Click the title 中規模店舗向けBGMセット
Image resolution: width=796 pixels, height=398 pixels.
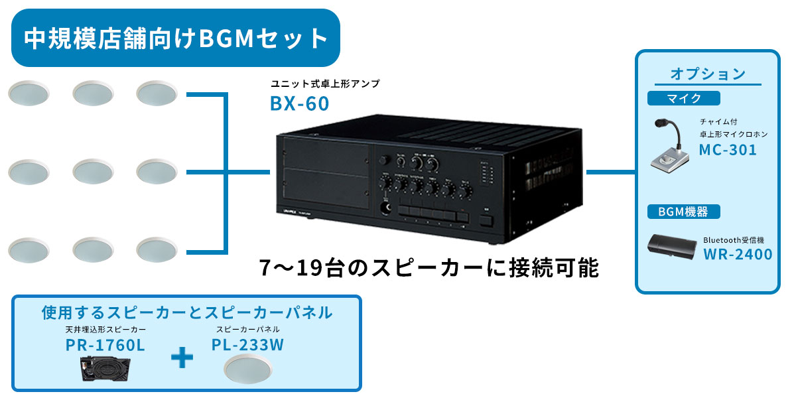[x=176, y=38]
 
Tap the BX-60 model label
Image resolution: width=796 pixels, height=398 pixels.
[x=299, y=104]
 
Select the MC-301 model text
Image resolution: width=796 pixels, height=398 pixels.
[x=728, y=150]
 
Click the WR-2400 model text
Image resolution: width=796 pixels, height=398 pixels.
[x=738, y=254]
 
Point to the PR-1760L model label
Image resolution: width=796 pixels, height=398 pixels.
[x=105, y=346]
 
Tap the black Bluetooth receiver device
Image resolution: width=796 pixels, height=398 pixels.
[x=672, y=247]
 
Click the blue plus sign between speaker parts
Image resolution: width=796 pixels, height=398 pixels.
[x=182, y=359]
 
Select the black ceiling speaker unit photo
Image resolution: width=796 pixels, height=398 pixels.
[x=106, y=369]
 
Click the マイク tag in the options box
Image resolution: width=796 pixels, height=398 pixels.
[x=683, y=98]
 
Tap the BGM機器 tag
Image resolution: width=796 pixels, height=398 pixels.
[x=683, y=212]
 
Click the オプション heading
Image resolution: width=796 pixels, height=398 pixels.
[x=708, y=73]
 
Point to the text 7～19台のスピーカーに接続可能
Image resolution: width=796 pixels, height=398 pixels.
[x=429, y=268]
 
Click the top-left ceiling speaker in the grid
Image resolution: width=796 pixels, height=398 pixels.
[x=29, y=94]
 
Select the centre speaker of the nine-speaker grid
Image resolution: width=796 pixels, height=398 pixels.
[x=93, y=172]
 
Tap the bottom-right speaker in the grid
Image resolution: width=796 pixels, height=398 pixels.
[x=157, y=250]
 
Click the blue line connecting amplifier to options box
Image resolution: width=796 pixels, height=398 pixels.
[x=610, y=172]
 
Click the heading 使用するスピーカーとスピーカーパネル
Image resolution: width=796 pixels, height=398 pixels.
[x=187, y=312]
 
